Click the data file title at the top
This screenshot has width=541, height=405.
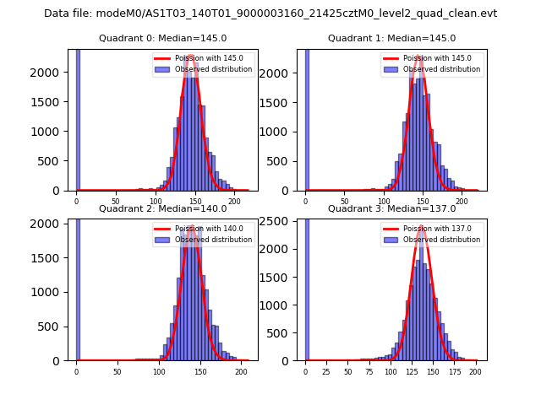pos(270,13)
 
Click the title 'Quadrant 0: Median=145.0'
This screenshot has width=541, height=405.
pos(162,38)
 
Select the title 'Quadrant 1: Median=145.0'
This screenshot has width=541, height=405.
pos(391,38)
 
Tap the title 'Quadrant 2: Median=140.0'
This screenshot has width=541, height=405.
pos(162,208)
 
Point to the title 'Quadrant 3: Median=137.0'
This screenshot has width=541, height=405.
pos(391,208)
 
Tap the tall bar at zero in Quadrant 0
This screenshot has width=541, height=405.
pos(78,118)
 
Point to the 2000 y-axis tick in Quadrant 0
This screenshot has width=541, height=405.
pos(53,73)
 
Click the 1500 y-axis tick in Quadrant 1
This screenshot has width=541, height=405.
pos(282,102)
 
